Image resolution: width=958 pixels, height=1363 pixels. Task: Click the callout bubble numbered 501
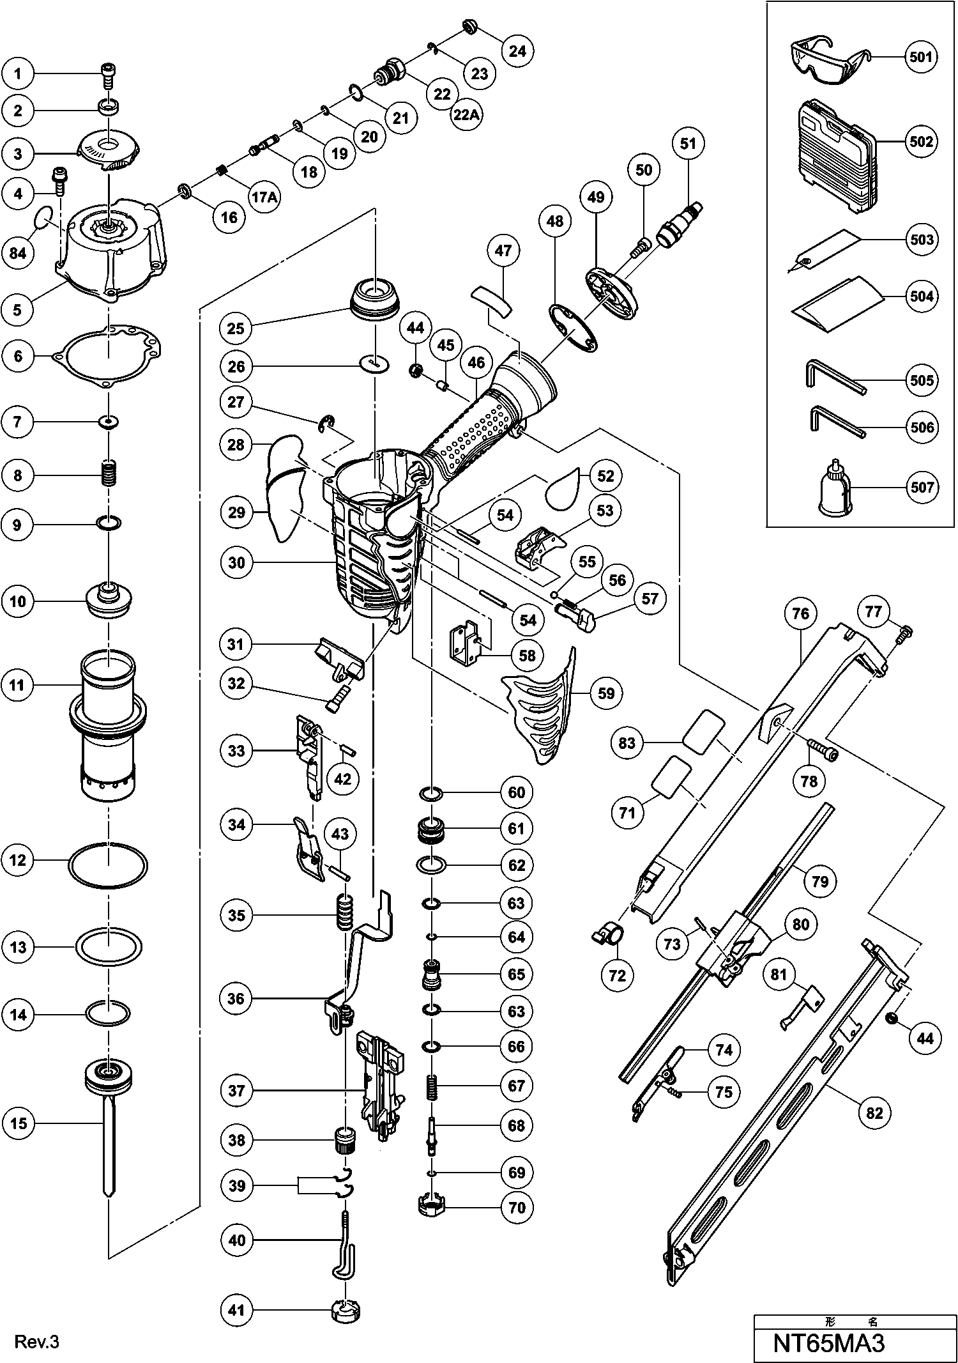point(921,57)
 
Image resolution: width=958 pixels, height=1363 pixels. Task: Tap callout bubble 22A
point(467,114)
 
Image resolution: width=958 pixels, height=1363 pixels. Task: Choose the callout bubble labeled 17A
point(264,197)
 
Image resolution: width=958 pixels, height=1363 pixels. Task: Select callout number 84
point(18,253)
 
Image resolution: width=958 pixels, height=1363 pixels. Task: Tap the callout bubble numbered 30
point(236,562)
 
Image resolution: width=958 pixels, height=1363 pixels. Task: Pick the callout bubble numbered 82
point(874,1113)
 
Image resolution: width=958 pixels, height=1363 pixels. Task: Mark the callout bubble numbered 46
point(476,363)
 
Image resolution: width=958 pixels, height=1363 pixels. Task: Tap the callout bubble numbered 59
point(605,693)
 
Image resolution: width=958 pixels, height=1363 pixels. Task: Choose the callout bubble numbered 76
point(800,614)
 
